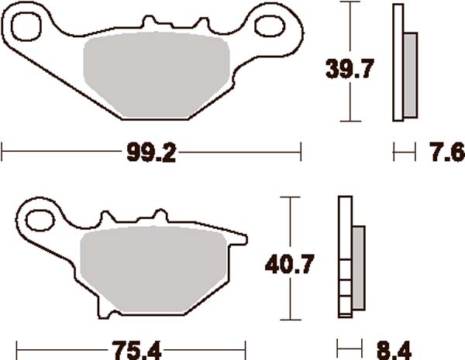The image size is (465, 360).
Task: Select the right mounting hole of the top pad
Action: (276, 22)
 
